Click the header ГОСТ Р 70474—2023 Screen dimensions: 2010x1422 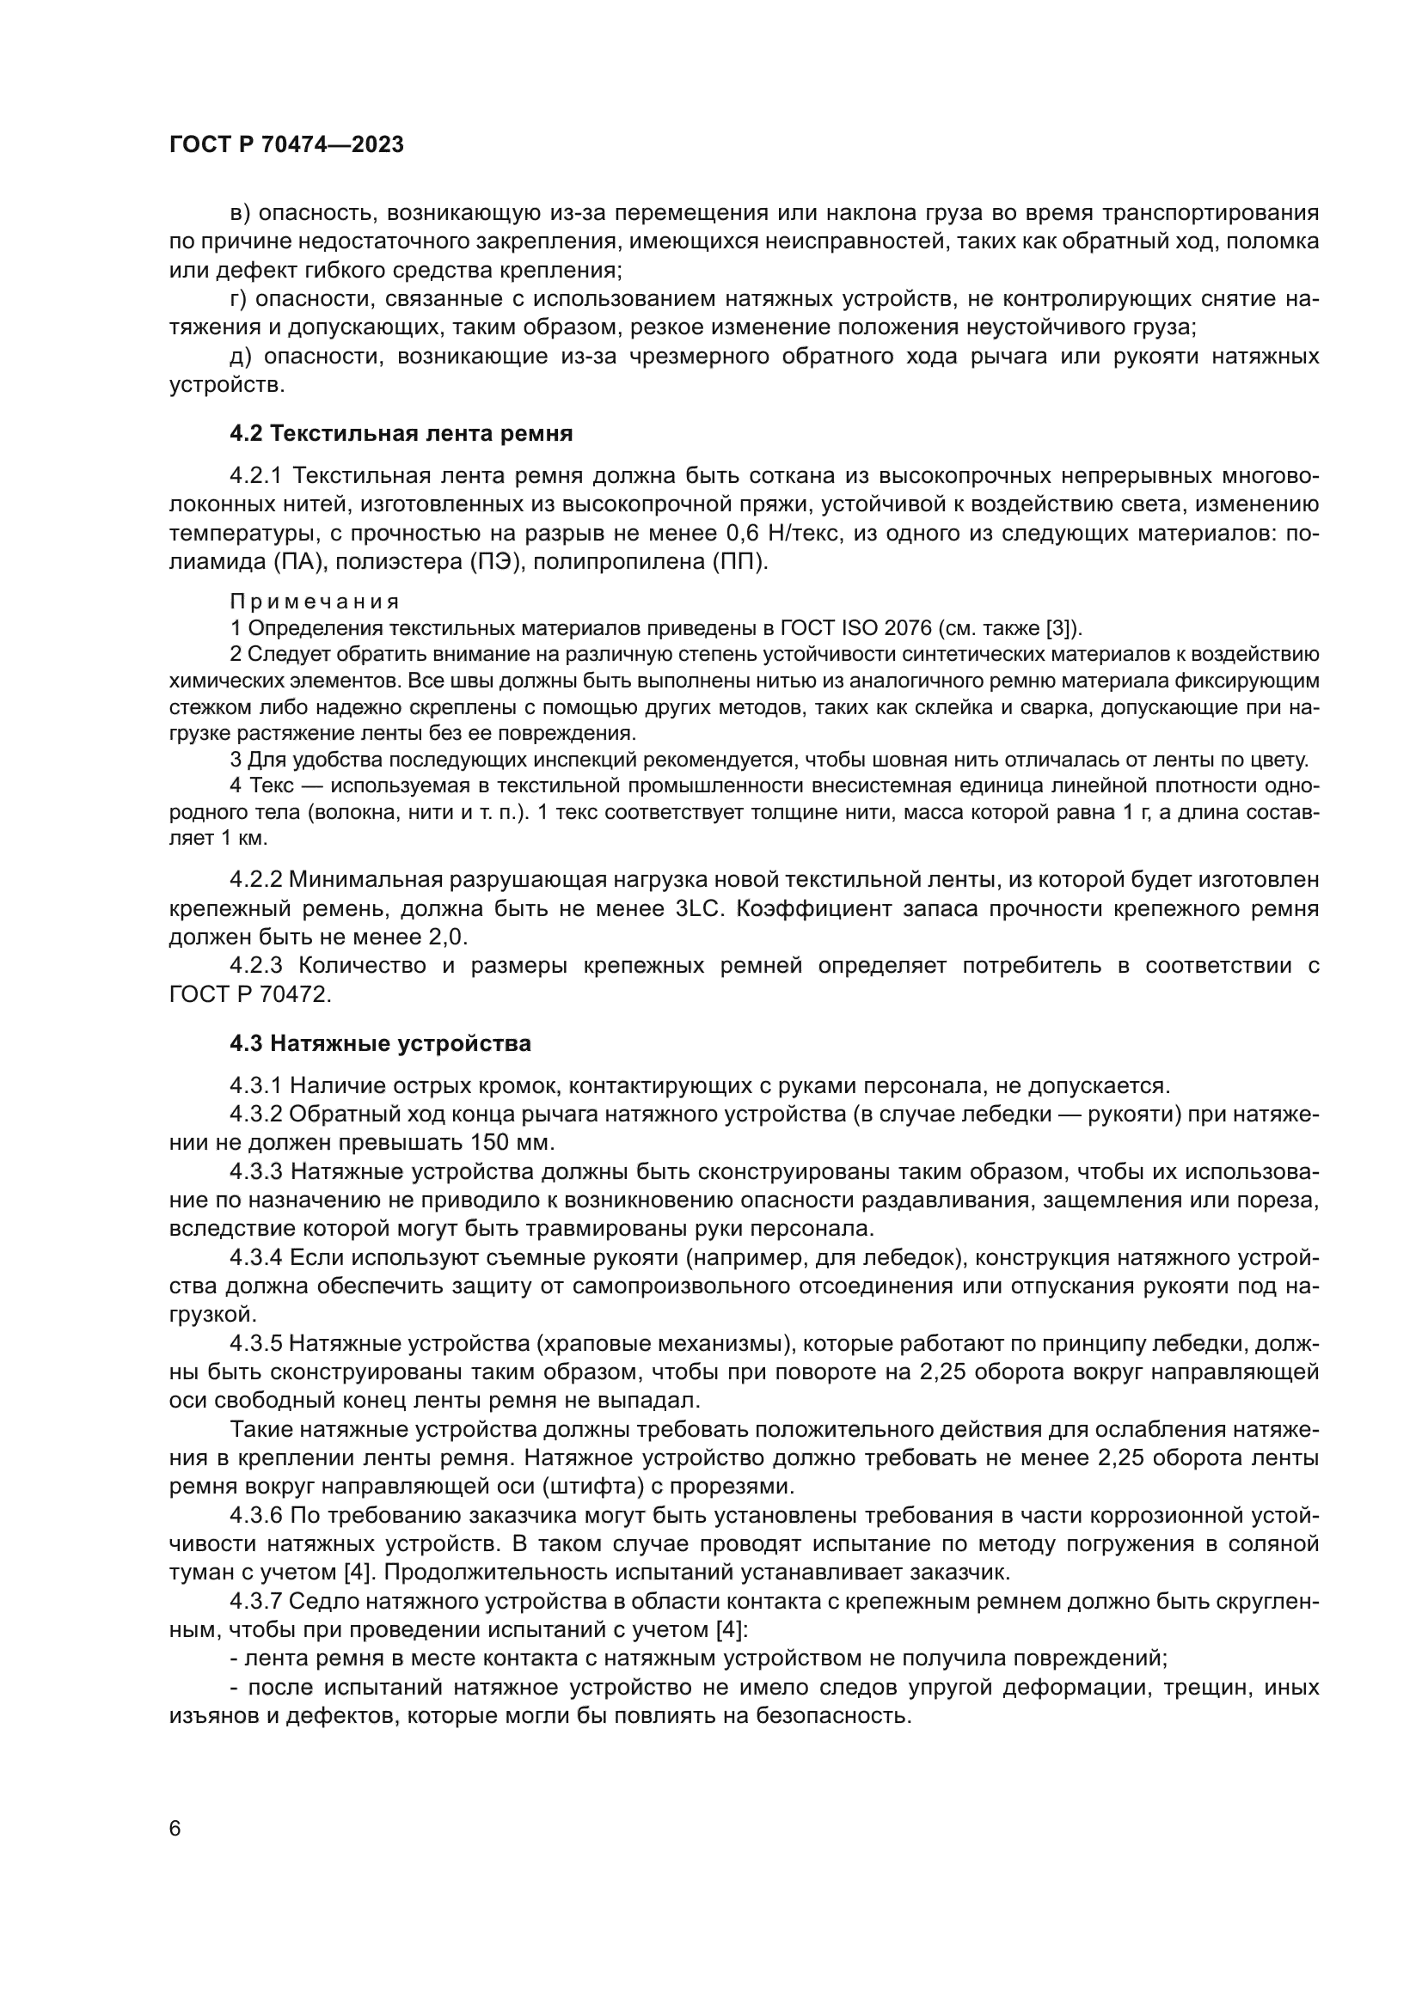tap(286, 145)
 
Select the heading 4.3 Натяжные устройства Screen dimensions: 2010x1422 tap(380, 1043)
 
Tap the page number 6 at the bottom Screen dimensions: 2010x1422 tap(175, 1829)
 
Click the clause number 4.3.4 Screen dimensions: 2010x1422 tap(255, 1258)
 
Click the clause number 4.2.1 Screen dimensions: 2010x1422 tap(255, 476)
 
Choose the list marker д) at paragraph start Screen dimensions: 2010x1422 tap(241, 357)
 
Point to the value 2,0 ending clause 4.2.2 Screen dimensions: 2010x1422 tap(447, 938)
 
